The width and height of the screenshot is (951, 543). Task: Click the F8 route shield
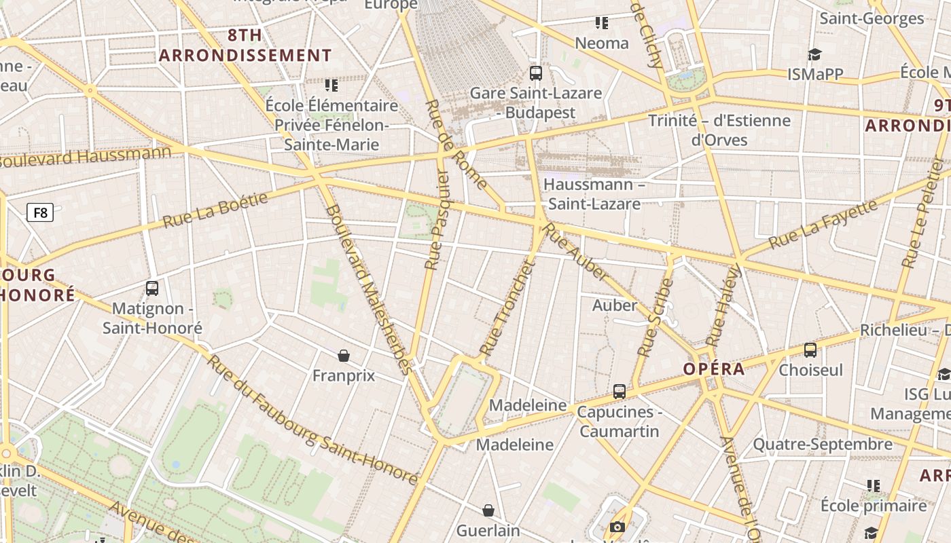coord(40,213)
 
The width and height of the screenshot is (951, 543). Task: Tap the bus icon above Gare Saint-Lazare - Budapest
coord(536,73)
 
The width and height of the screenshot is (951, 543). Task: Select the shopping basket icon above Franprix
coord(344,356)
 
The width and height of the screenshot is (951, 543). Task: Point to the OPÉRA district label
coord(714,369)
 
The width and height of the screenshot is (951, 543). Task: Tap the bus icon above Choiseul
coord(810,350)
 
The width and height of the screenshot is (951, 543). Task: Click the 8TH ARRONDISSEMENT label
coord(245,45)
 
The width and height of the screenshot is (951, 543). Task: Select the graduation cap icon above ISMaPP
coord(814,55)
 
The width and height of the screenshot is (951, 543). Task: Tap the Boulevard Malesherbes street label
coord(369,289)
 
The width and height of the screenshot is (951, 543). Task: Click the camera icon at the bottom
coord(617,527)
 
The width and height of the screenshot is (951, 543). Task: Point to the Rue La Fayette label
coord(822,225)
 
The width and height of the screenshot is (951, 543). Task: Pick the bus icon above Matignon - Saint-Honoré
coord(152,288)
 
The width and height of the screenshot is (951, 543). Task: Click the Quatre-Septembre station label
coord(823,445)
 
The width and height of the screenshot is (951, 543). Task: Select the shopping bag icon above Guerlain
coord(488,510)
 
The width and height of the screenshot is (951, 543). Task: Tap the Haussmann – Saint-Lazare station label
coord(594,194)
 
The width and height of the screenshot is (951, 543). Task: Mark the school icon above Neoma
coord(601,23)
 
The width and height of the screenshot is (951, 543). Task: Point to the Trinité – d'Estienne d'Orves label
coord(719,130)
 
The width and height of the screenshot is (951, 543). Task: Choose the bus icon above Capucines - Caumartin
coord(619,392)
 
